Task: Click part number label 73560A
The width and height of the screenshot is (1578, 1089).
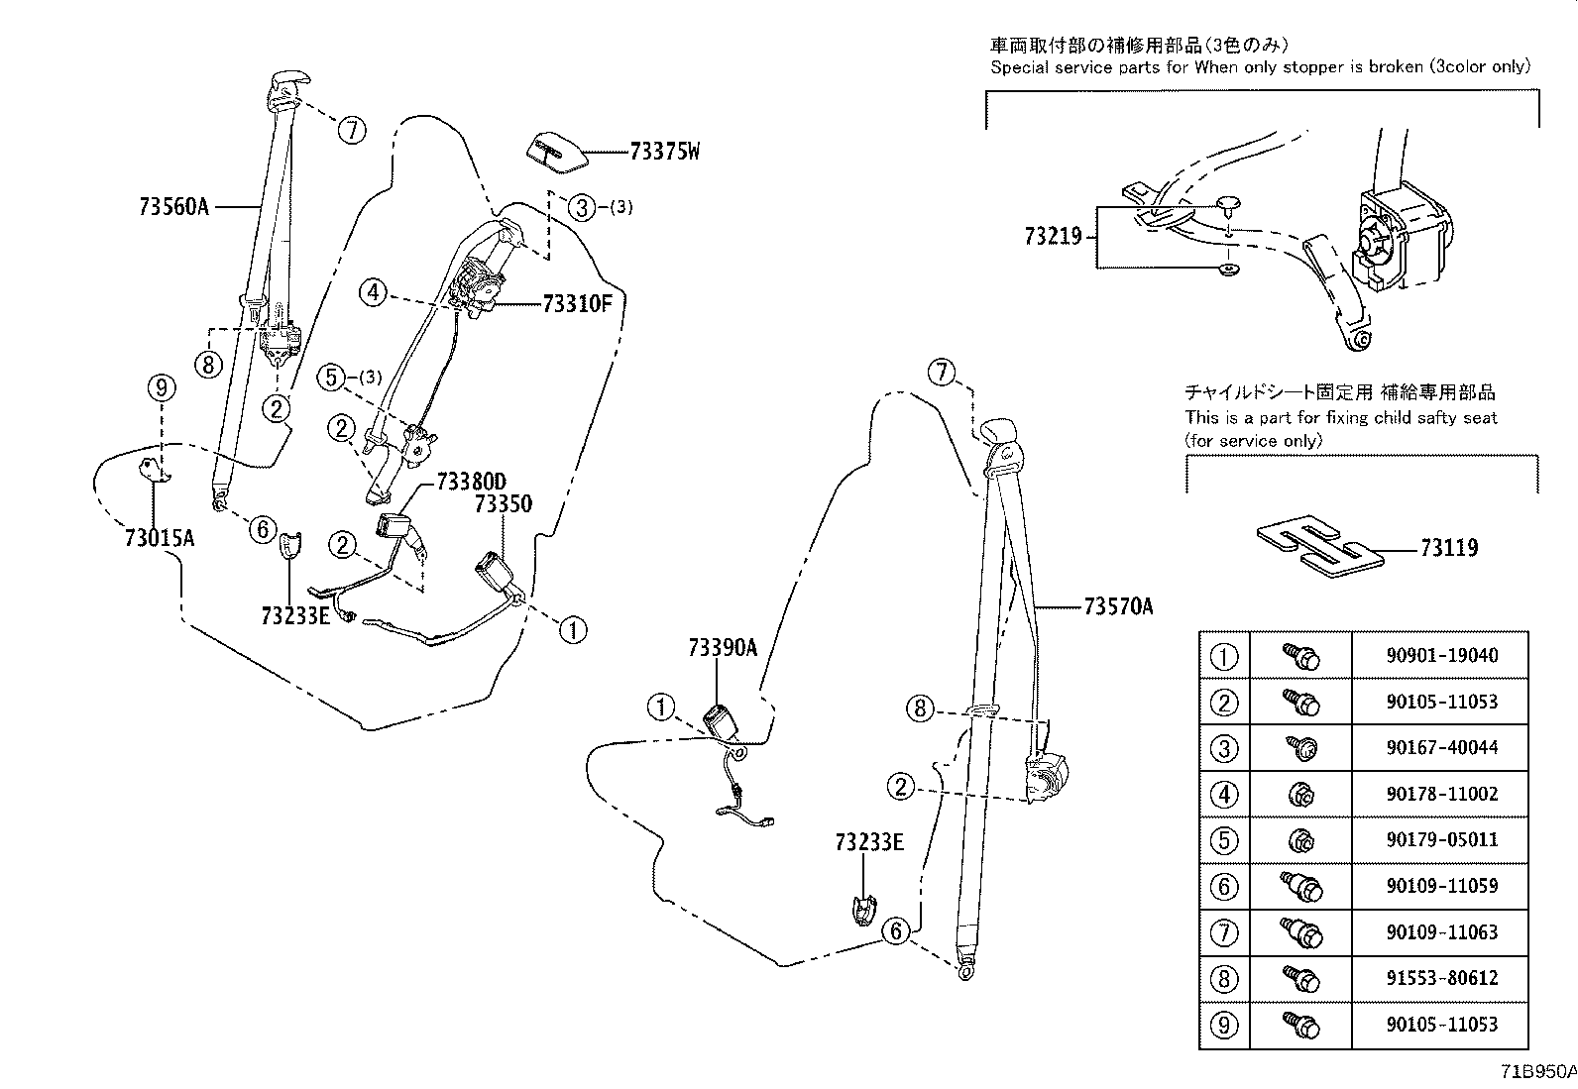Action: point(174,206)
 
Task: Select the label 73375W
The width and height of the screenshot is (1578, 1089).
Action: point(664,152)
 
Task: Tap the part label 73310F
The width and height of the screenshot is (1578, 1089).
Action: point(578,304)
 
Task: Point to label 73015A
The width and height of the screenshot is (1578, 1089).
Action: point(159,538)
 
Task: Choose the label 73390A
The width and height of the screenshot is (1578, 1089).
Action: point(723,648)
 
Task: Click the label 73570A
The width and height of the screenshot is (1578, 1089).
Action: point(1118,606)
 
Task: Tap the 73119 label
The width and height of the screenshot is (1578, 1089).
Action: point(1448,547)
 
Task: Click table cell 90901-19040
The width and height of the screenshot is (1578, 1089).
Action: point(1440,655)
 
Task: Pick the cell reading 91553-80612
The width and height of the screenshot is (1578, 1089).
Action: point(1440,978)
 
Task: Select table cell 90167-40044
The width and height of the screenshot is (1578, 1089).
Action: point(1440,747)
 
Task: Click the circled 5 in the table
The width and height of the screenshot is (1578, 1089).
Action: point(1225,840)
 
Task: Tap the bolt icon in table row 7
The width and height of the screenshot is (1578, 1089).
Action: point(1300,932)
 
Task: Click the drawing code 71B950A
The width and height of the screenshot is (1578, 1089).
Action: point(1536,1072)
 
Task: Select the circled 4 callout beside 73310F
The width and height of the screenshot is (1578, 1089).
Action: point(373,292)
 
